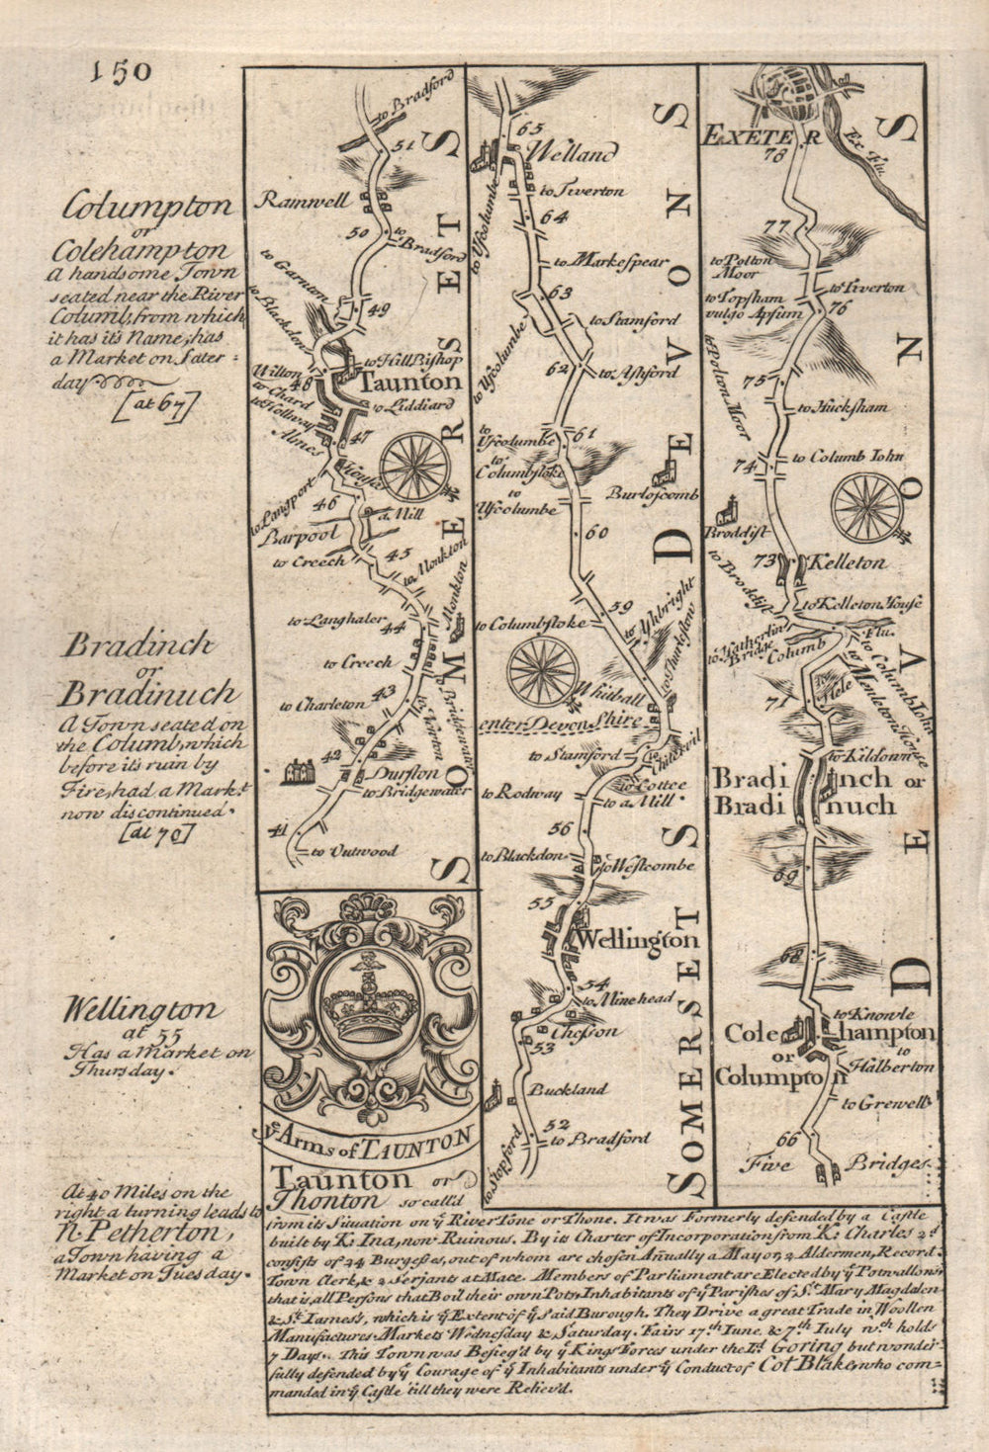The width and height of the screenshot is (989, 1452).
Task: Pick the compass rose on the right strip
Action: click(866, 508)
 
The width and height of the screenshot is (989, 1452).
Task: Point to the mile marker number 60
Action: click(595, 533)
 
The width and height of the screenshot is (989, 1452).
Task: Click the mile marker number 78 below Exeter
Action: click(774, 157)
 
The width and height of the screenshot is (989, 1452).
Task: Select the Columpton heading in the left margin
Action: click(148, 208)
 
